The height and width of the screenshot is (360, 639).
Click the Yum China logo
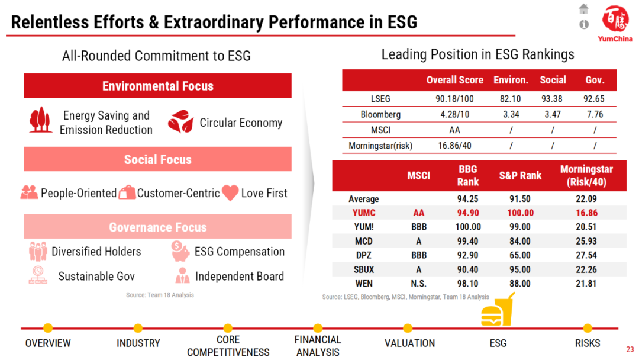tap(615, 23)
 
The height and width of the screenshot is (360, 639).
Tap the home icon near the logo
tap(584, 8)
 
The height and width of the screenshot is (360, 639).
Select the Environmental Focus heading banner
tap(157, 86)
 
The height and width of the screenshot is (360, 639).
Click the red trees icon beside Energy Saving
tap(41, 120)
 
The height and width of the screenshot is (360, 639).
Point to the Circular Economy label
tap(241, 123)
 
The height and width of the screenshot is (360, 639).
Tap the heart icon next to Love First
tap(230, 192)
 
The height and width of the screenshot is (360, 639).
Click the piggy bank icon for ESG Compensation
tap(180, 251)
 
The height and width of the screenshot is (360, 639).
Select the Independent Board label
tap(239, 277)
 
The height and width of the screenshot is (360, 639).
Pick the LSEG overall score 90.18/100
tap(454, 99)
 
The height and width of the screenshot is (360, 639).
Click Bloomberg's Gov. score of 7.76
tap(595, 114)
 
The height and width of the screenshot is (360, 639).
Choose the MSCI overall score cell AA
tap(454, 130)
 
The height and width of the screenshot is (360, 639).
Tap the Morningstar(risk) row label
tap(380, 145)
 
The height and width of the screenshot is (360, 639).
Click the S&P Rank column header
tap(520, 175)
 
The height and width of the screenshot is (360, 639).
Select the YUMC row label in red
tap(363, 213)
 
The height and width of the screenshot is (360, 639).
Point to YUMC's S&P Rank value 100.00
tap(520, 213)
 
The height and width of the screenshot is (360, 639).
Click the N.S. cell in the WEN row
tap(419, 284)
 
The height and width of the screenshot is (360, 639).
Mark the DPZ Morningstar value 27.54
tap(586, 255)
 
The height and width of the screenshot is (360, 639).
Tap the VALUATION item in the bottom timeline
tap(409, 343)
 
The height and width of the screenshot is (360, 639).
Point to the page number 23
tap(630, 349)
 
